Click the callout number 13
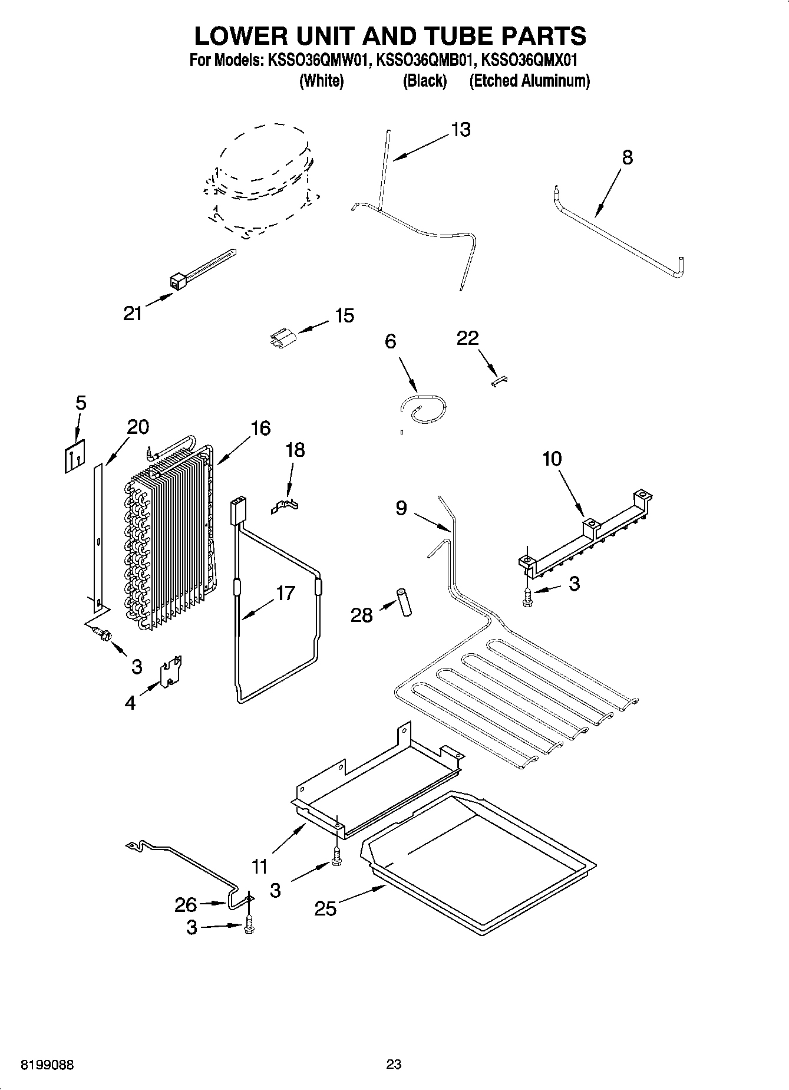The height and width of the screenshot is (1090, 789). pos(461,130)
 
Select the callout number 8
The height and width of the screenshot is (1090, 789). pos(627,157)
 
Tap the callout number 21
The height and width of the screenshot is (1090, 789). pos(133,313)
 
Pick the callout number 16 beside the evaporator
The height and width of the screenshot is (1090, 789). pos(260,428)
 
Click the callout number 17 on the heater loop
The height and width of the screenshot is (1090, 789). pos(285,592)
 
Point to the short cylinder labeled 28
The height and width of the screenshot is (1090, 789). pos(404,602)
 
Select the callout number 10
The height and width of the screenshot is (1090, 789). pos(552,458)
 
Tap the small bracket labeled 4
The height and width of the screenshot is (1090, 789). pos(171,672)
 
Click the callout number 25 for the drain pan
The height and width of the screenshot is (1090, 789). pos(325,908)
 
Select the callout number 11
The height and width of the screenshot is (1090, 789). pos(259,866)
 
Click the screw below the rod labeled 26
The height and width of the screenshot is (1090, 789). pos(249,926)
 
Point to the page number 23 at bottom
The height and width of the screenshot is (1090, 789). pos(394,1064)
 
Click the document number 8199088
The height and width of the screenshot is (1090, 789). pos(47,1065)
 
